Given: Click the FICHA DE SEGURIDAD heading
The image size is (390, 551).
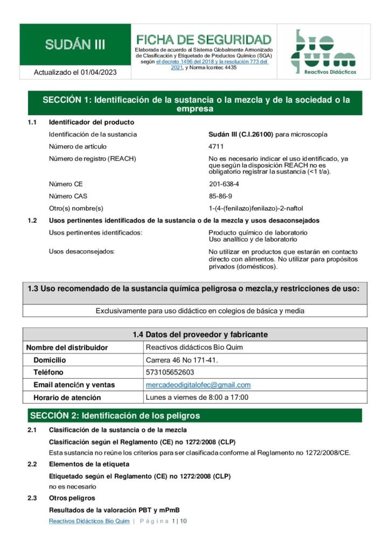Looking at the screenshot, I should tap(204, 39).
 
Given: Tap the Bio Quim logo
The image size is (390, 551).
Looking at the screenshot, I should tap(323, 52).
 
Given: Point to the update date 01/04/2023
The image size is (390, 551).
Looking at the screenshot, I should tap(99, 72).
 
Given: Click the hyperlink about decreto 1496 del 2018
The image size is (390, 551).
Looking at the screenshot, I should tap(212, 62).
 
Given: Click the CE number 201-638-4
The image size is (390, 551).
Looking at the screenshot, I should tap(224, 184).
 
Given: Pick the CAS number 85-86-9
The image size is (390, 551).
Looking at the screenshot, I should tap(220, 196).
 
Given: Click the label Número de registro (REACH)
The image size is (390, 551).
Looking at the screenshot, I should tap(92, 158).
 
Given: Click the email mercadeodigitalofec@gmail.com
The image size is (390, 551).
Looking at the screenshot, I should tap(198, 385).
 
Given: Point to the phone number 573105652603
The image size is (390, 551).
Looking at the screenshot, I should tap(170, 372).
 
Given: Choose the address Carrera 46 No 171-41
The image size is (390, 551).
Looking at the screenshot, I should tap(182, 360).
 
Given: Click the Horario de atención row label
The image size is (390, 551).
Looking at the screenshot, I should tap(67, 398).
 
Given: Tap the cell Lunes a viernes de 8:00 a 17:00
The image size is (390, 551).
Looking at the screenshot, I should tap(197, 398).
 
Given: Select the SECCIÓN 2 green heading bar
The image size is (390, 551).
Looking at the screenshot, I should tap(195, 415).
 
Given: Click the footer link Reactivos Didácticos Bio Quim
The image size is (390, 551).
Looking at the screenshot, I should tap(89, 521).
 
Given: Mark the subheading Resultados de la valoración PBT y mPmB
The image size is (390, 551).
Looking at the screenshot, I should tap(114, 510).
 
